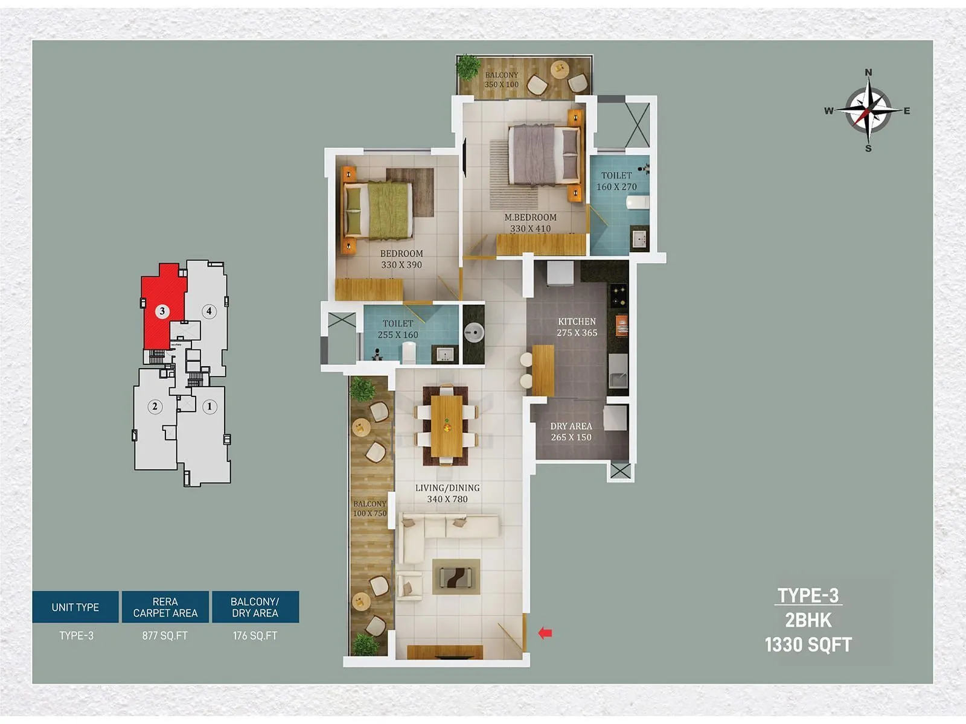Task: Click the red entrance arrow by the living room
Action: (545, 633)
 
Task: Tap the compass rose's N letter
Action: (868, 72)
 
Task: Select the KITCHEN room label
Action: (577, 322)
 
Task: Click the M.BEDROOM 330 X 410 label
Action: (530, 223)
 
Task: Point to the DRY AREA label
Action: (571, 426)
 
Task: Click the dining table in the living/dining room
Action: (447, 426)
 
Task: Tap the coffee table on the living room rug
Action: (456, 577)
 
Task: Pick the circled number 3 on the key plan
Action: (162, 311)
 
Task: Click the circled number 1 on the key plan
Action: (210, 407)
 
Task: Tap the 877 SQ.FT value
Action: (165, 636)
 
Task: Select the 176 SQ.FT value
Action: (255, 636)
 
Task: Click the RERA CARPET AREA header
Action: (165, 607)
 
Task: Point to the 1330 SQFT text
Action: (808, 645)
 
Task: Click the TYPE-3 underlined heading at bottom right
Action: (808, 596)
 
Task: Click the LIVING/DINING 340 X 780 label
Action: (447, 493)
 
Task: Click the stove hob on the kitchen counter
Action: (618, 296)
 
